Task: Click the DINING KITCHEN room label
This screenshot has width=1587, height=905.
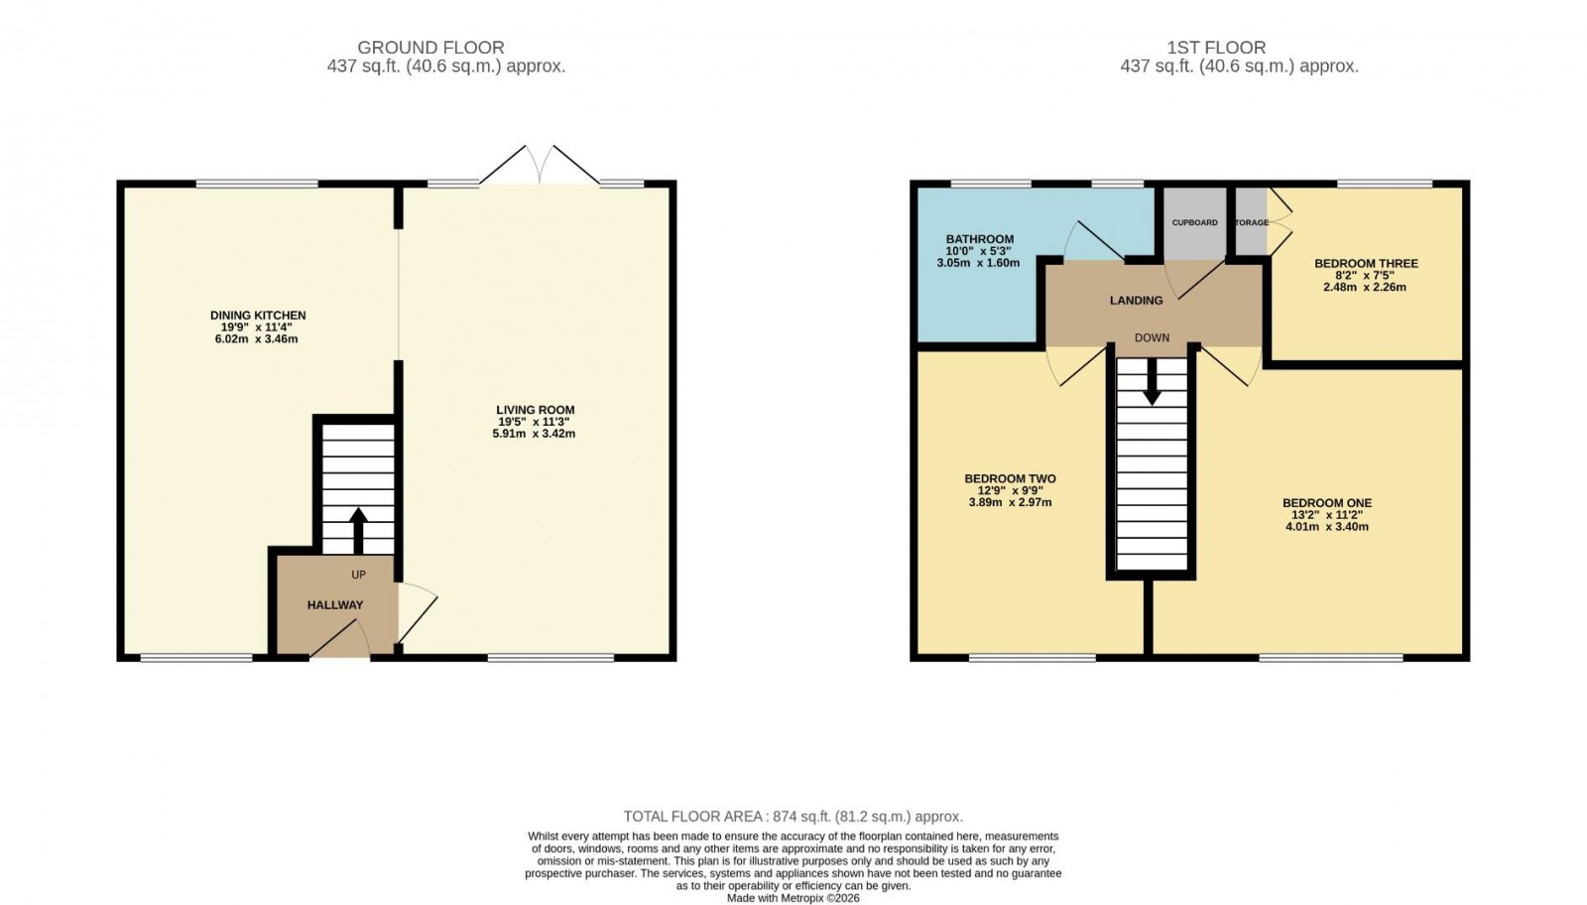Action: coord(258,316)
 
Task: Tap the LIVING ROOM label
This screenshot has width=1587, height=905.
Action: coord(535,410)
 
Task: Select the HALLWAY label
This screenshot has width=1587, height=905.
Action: coord(334,605)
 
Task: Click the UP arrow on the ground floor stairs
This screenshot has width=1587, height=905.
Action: coord(358,530)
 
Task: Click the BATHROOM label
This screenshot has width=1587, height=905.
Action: coord(979,239)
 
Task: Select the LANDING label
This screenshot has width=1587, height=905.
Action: coord(1136,301)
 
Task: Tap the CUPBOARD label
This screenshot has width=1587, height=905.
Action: coord(1194,223)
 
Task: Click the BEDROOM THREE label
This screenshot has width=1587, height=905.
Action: coord(1366,264)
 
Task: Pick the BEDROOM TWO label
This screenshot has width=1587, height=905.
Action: coord(1010,479)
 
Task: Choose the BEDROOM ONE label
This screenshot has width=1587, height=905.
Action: coord(1326,503)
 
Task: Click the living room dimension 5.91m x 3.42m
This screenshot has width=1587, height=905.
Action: coord(534,434)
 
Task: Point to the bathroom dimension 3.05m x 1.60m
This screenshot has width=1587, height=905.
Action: coord(978,263)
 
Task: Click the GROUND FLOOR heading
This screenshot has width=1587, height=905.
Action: coord(430,48)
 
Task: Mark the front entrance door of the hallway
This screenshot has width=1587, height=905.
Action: coord(340,640)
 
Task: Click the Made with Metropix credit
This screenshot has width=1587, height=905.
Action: coord(793,898)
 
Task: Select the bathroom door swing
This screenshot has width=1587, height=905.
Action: coord(1091,238)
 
